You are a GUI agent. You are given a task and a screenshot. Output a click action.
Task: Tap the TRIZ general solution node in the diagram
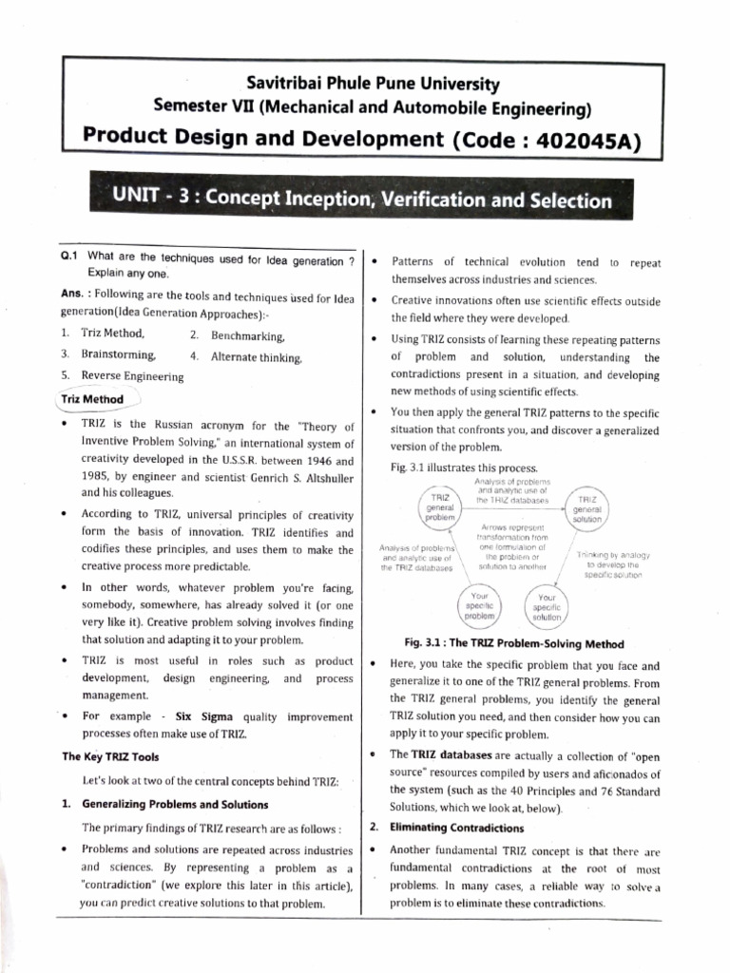(587, 510)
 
